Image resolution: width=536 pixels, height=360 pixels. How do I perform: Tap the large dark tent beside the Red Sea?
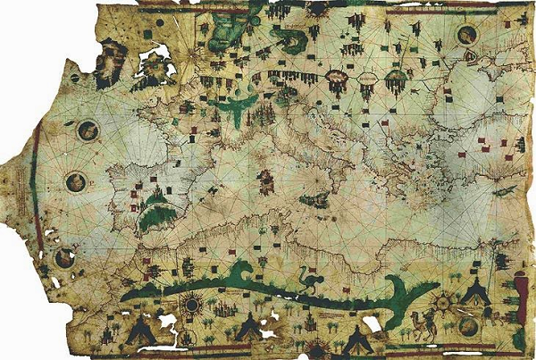coord(475,289)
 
